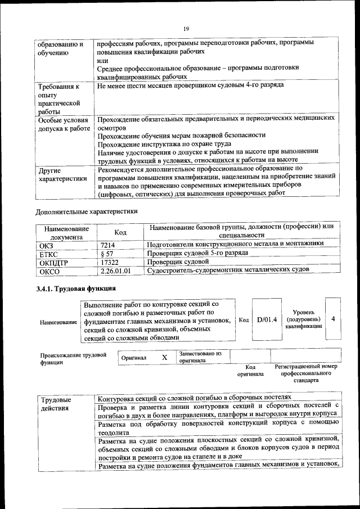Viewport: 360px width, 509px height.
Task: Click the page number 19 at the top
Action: (x=186, y=29)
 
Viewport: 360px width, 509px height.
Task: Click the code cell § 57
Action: (x=107, y=254)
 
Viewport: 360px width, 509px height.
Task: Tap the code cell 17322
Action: (x=110, y=262)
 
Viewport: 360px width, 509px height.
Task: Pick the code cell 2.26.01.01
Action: (x=115, y=271)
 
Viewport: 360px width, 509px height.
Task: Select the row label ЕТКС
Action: (x=49, y=254)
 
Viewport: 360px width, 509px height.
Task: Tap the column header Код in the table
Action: (x=120, y=232)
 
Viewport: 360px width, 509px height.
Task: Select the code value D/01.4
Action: (x=267, y=320)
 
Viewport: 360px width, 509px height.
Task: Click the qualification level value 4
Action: (x=333, y=319)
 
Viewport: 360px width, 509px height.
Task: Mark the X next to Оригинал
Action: (x=165, y=357)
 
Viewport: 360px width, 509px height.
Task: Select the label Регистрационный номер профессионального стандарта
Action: (x=306, y=373)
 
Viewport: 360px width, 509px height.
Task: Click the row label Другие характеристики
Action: (x=62, y=174)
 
